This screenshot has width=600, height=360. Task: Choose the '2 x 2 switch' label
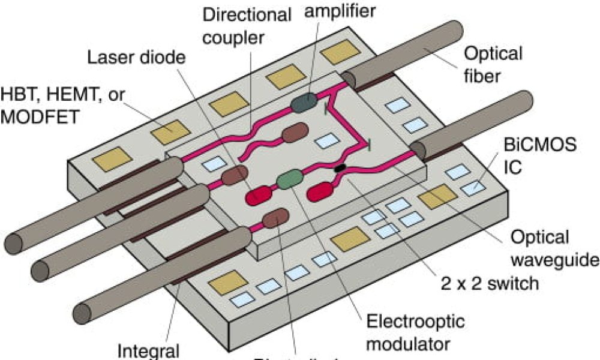(488, 283)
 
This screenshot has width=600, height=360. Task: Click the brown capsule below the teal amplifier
(295, 133)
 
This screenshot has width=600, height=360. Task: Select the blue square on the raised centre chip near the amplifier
(326, 141)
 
